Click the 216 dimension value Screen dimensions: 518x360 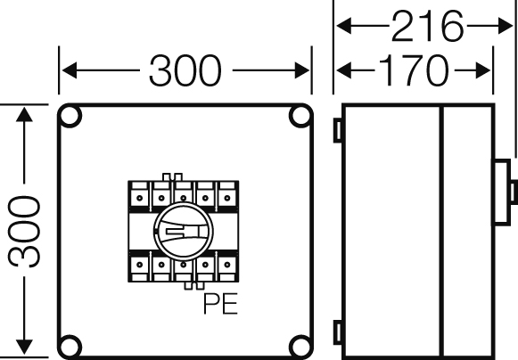[427, 26]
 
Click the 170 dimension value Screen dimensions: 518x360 [414, 70]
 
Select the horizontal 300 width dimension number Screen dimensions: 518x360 [185, 70]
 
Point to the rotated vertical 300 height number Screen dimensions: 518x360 [24, 231]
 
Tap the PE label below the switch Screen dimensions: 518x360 [220, 304]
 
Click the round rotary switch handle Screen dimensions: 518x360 [184, 231]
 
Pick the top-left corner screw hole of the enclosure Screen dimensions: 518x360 [70, 116]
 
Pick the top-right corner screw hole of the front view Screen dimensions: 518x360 [300, 116]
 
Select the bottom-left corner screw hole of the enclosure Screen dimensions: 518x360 [70, 347]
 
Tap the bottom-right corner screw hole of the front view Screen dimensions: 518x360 [300, 347]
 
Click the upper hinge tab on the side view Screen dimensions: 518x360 [338, 130]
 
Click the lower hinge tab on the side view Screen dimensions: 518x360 [338, 332]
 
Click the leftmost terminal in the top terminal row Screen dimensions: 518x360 [139, 195]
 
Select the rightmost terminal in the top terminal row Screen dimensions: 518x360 [227, 195]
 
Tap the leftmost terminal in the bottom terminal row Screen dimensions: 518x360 [139, 266]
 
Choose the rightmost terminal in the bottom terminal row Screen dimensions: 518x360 [227, 266]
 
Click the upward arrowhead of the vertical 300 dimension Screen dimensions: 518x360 [24, 114]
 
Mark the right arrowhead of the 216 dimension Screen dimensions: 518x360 [505, 26]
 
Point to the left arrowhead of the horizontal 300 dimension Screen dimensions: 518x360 [70, 70]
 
